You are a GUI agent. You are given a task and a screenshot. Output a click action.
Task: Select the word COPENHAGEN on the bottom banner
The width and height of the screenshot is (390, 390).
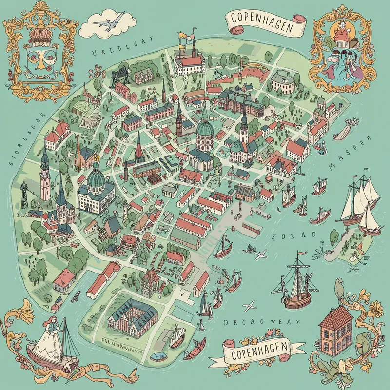(259, 350)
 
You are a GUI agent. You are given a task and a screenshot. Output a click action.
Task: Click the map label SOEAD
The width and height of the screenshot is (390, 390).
(293, 236)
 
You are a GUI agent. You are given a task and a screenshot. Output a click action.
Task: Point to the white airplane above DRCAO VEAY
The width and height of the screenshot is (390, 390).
(250, 306)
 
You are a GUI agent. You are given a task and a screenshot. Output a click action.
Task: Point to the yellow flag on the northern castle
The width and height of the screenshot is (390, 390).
(182, 36)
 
